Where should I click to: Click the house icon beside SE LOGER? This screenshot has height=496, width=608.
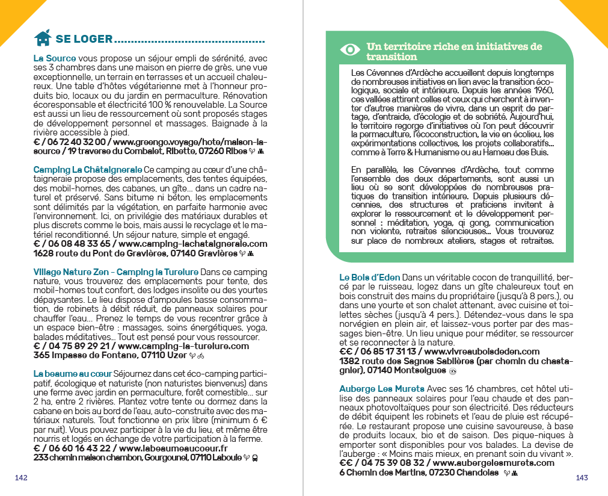point(42,39)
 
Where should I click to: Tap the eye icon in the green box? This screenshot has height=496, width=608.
point(349,50)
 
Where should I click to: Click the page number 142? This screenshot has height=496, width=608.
point(22,477)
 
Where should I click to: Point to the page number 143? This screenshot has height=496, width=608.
point(582,477)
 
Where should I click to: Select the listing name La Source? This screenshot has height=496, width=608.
point(55,58)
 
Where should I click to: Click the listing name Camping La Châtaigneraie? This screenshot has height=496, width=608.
point(88,169)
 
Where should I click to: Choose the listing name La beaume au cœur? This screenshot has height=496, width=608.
point(73,373)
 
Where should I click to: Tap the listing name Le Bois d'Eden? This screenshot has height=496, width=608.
point(369,277)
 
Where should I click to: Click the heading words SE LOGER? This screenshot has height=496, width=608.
point(84,39)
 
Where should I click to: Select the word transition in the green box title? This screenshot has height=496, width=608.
point(392,57)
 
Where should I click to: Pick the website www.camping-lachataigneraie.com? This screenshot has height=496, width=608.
point(193,244)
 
